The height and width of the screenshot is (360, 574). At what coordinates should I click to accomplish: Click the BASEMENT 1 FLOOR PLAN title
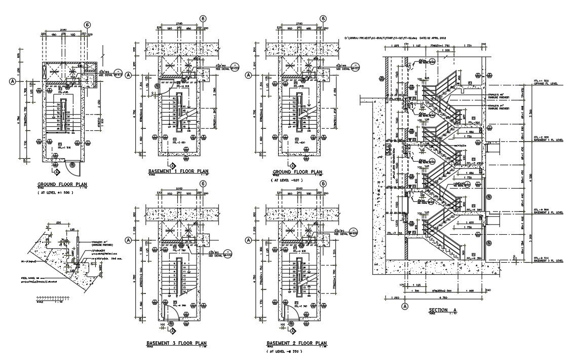[178, 171]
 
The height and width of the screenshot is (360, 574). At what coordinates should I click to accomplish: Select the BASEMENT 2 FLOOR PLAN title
[297, 343]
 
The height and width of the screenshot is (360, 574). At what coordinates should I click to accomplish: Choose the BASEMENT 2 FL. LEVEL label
[548, 212]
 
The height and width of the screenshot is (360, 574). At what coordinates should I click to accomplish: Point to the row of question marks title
[55, 298]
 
